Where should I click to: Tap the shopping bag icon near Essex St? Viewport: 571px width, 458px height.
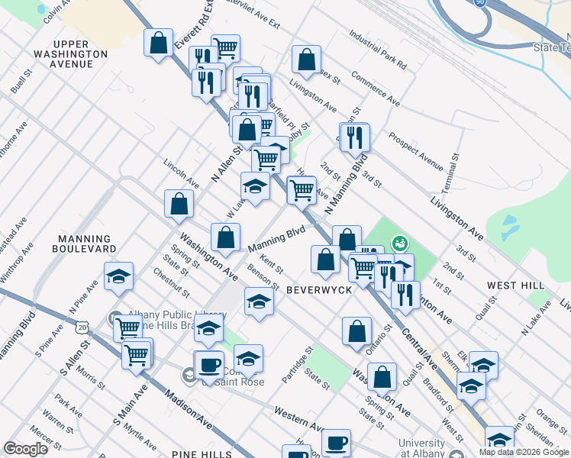point(306,61)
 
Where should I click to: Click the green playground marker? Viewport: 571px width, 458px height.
point(398,244)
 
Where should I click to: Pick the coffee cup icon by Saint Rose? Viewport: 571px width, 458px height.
point(209,366)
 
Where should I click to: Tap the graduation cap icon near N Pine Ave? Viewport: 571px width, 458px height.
point(118,278)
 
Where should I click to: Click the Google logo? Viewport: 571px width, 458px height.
point(26,448)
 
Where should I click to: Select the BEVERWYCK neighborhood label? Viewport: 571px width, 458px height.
point(319,291)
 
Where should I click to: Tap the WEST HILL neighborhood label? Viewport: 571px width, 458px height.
point(516,285)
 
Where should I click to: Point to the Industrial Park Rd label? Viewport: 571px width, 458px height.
point(379,47)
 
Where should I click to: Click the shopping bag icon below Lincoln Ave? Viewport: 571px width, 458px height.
point(179,205)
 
